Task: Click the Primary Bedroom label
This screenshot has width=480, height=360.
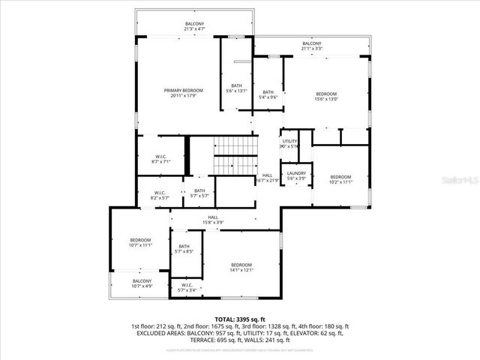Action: click(x=184, y=92)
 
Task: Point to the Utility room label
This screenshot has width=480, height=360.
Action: click(x=289, y=143)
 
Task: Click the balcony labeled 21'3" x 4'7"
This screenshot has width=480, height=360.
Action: click(x=194, y=26)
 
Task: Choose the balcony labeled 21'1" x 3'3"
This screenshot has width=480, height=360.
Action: click(x=311, y=46)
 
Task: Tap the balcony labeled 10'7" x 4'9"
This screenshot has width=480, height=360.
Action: click(x=141, y=283)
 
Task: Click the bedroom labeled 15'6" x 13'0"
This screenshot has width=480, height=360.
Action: click(x=325, y=96)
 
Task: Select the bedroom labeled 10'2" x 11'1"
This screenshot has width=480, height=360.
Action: click(x=340, y=178)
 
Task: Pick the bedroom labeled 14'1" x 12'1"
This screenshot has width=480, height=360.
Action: click(x=241, y=267)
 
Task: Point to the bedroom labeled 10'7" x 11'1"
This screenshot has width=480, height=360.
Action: click(x=141, y=242)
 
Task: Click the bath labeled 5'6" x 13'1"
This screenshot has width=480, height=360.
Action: click(x=236, y=88)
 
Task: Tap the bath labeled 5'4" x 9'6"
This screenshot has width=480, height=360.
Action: click(x=268, y=94)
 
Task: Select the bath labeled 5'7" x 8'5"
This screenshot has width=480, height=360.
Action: click(x=184, y=249)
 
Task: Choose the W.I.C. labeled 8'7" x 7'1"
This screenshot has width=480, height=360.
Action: click(x=161, y=158)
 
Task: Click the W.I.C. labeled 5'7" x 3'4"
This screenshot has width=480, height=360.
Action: click(x=187, y=287)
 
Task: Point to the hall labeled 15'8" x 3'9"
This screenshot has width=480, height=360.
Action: click(x=213, y=220)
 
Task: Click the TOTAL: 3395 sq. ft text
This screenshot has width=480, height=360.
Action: click(x=240, y=319)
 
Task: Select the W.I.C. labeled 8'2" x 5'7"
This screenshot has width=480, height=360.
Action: click(x=160, y=195)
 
